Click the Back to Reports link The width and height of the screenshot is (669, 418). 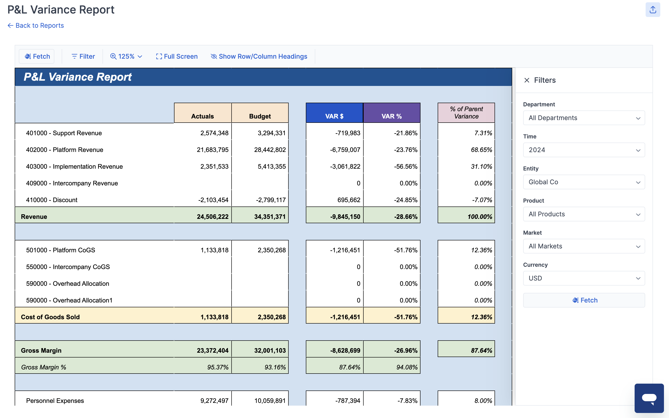36,25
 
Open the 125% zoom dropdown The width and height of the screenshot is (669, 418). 126,56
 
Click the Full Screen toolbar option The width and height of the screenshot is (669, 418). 177,56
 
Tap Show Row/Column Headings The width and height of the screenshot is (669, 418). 259,56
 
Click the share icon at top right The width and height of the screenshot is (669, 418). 653,10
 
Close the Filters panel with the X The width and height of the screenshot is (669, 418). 527,80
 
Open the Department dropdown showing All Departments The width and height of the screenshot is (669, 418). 583,118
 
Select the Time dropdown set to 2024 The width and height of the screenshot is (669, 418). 583,150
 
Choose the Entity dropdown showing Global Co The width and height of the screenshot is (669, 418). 583,182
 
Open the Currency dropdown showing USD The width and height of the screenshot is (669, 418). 583,278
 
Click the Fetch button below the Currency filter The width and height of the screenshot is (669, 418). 583,300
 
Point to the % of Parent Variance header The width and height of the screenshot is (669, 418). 466,113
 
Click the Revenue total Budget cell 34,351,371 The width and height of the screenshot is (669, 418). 270,217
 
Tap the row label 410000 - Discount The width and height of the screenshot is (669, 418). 52,200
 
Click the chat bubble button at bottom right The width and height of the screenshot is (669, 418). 649,398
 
